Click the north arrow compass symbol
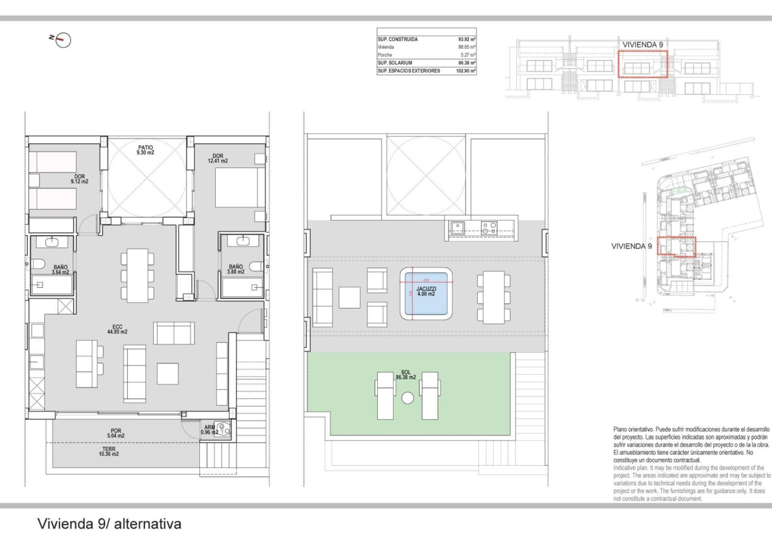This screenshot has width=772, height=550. pyautogui.click(x=63, y=40)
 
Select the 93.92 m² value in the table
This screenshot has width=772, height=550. pyautogui.click(x=467, y=39)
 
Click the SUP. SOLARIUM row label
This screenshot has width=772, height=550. pyautogui.click(x=395, y=63)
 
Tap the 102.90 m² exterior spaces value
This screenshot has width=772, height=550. pyautogui.click(x=465, y=71)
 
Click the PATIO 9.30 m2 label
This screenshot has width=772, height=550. pyautogui.click(x=146, y=150)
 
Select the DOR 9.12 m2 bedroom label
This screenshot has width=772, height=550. pyautogui.click(x=80, y=179)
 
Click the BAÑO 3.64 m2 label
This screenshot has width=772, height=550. pyautogui.click(x=60, y=270)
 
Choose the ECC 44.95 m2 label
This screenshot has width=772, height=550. pyautogui.click(x=116, y=329)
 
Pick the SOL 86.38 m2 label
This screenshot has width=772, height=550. pyautogui.click(x=405, y=375)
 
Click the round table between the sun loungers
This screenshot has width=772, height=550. pyautogui.click(x=408, y=398)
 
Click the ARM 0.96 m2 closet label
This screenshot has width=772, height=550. pyautogui.click(x=209, y=430)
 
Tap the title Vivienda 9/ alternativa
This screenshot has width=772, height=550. pyautogui.click(x=109, y=524)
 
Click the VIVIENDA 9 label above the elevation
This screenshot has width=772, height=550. pyautogui.click(x=643, y=44)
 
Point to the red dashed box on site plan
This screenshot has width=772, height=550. pyautogui.click(x=676, y=247)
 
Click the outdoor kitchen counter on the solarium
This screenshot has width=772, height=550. pyautogui.click(x=474, y=228)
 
